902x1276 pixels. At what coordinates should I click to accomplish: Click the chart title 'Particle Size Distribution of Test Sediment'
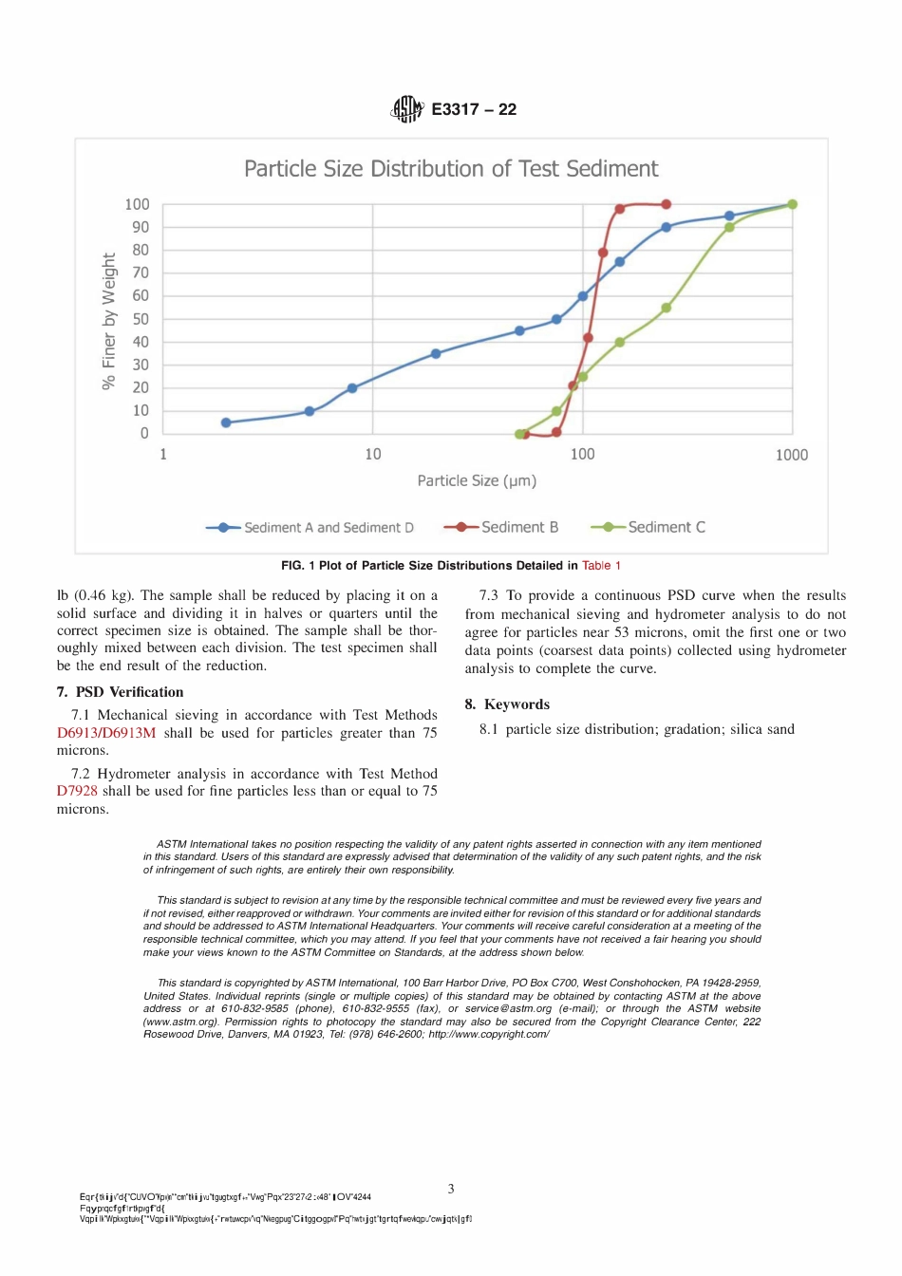(451, 169)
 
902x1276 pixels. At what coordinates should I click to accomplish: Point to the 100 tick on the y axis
(137, 204)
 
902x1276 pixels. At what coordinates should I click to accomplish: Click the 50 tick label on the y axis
(141, 319)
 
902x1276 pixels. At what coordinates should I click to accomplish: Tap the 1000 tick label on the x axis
(791, 455)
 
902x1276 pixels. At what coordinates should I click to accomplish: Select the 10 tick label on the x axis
(373, 455)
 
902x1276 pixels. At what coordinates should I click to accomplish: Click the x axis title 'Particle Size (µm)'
(477, 480)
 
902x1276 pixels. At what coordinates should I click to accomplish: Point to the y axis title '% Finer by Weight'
(109, 321)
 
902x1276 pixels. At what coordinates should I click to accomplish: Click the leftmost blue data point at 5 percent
(226, 422)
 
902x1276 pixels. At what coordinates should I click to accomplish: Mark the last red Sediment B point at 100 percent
(667, 204)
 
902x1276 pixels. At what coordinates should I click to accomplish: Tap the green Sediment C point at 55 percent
(667, 308)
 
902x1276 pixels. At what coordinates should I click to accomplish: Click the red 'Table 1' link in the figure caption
(601, 566)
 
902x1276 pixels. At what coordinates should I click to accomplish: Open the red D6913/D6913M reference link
(106, 733)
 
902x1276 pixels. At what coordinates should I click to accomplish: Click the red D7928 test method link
(77, 791)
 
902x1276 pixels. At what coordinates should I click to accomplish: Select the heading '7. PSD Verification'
(121, 692)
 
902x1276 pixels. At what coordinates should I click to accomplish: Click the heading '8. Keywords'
(507, 704)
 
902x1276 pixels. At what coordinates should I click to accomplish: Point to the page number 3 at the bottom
(451, 1189)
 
